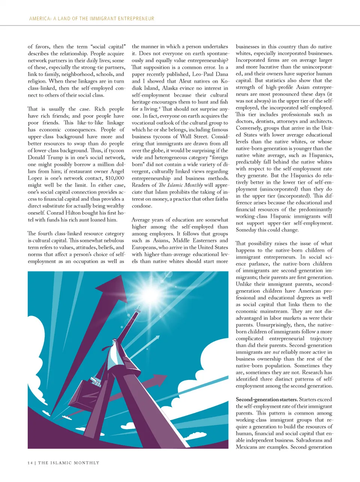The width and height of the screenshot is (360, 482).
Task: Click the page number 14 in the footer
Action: [30, 463]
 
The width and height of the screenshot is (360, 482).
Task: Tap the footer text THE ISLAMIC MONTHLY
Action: [69, 463]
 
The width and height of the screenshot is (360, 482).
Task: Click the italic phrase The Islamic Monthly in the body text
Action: [181, 185]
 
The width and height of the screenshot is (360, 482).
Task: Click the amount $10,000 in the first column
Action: [115, 178]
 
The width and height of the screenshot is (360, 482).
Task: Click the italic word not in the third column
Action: [276, 352]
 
